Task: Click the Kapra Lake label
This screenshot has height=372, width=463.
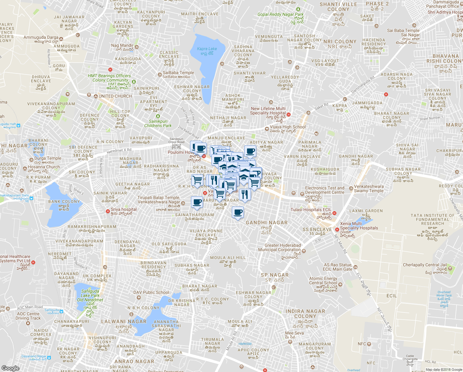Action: point(207,49)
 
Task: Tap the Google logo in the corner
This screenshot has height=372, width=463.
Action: point(10,368)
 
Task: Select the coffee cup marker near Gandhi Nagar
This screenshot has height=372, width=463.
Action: point(238,213)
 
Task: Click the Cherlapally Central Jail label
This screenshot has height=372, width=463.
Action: point(425,265)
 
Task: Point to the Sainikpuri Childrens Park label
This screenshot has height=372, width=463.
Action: point(158,123)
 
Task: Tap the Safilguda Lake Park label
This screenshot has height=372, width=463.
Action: point(90,295)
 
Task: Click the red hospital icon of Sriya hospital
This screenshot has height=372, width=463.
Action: point(108,211)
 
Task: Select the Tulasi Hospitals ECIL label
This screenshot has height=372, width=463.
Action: point(311,210)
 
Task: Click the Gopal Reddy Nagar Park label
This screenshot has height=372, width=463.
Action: point(280,15)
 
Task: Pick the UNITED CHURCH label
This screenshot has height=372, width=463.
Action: point(115,96)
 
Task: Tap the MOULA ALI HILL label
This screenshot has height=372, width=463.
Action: point(228,258)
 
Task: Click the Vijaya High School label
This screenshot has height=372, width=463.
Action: point(288,127)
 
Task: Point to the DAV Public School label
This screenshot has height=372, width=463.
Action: point(151,292)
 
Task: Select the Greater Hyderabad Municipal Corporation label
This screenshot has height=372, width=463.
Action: point(279,247)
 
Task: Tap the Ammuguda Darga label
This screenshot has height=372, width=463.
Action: point(41,38)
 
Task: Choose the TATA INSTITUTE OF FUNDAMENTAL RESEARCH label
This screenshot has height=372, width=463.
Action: point(432,219)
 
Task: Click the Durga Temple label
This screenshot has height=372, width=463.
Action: point(48,158)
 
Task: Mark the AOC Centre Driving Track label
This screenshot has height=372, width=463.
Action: point(28,316)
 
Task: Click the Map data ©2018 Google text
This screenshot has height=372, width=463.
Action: point(444,370)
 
